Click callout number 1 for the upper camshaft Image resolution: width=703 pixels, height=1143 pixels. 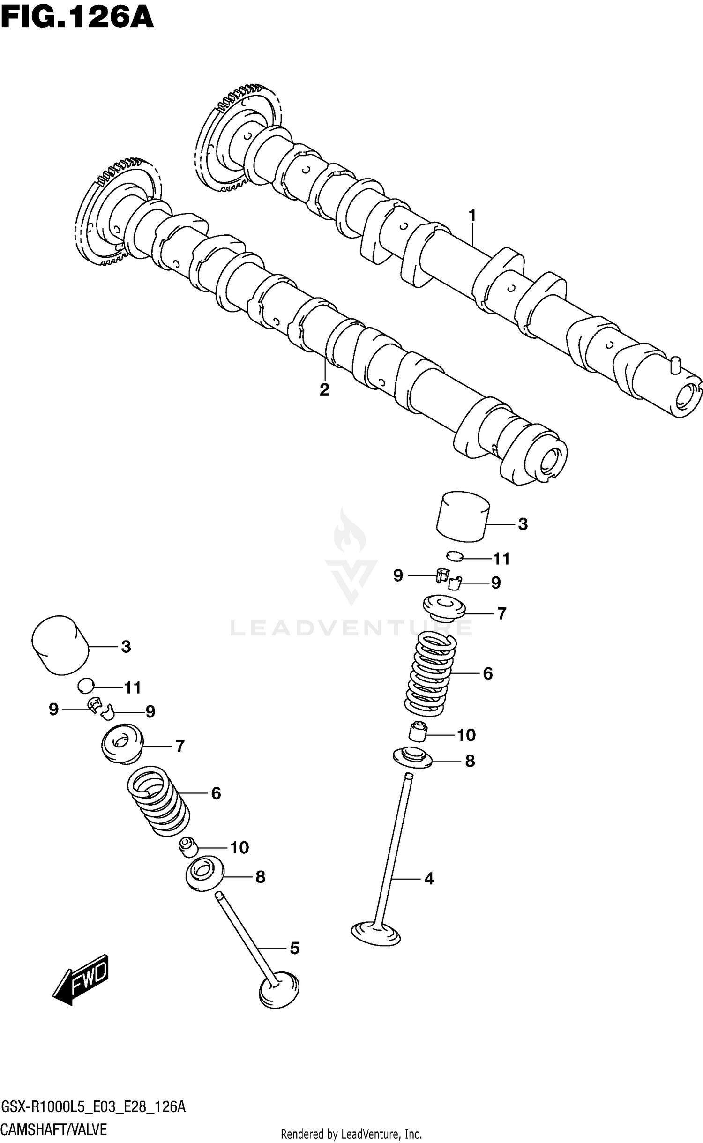point(472,216)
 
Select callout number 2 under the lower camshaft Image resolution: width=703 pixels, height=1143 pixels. point(324,389)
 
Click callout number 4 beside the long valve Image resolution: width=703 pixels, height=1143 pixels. point(429,879)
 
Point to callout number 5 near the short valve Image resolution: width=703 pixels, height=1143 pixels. point(294,949)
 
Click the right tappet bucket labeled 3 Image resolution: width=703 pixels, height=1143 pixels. point(463,517)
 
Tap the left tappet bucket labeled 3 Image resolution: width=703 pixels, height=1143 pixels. point(60,645)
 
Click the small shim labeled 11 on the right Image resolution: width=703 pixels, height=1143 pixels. point(455,556)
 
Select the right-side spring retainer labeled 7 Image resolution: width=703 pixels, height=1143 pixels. point(443,609)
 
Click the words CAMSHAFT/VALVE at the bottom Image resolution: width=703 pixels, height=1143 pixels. point(54,1129)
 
